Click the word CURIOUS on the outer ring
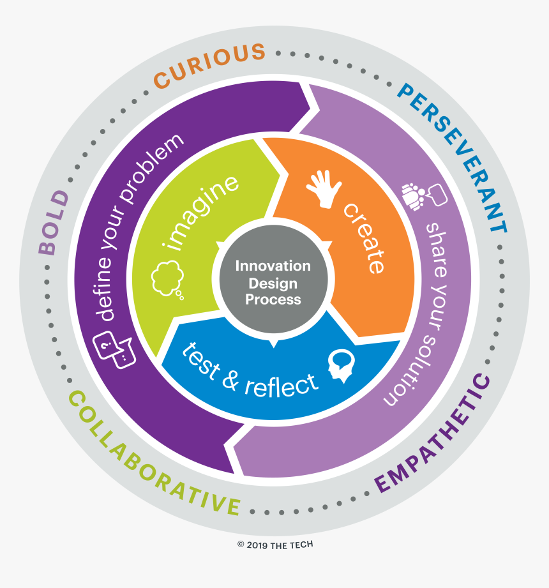[x=209, y=64]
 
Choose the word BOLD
[x=54, y=222]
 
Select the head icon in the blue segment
[x=340, y=366]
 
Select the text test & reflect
[x=250, y=371]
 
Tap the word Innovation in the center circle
[x=273, y=266]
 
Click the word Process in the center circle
[x=273, y=299]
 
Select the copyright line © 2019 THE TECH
[x=275, y=545]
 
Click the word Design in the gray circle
[x=273, y=282]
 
